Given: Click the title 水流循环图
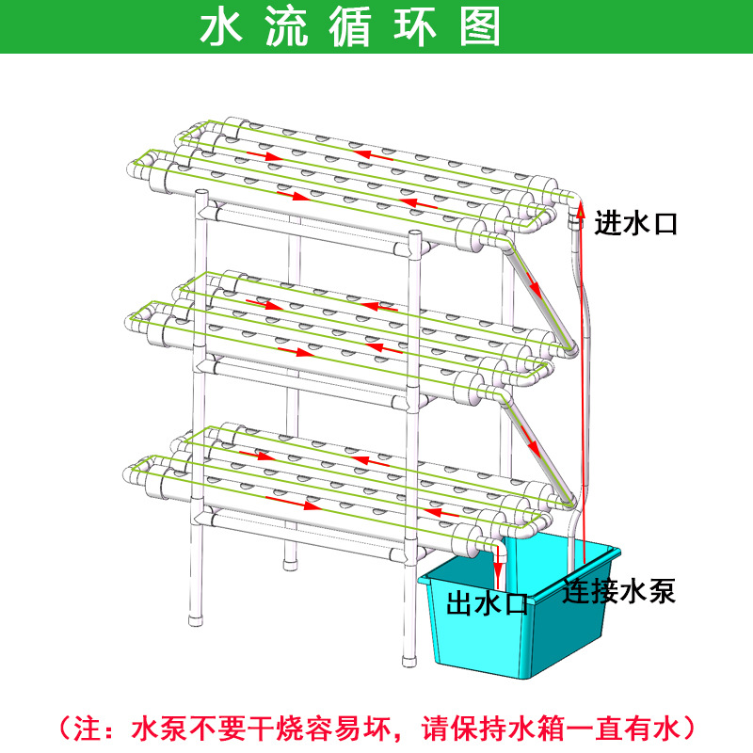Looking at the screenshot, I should tap(351, 27).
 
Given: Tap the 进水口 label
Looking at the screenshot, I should tap(635, 223).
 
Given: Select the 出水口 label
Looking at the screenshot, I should tap(487, 601).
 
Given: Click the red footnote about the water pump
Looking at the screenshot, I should tap(376, 728).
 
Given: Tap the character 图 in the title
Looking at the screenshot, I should tap(481, 27).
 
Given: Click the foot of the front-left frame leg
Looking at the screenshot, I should tap(197, 617).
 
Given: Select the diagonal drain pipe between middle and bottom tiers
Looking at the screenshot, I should tap(541, 447).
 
